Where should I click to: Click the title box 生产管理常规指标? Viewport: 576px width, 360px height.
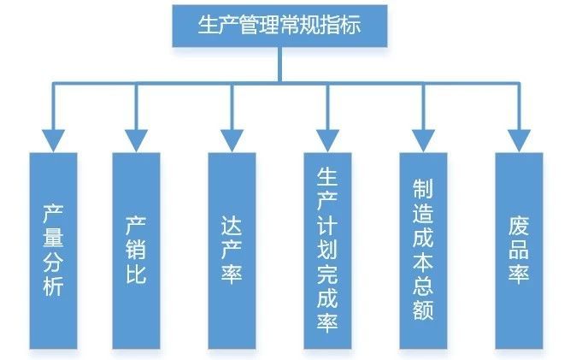pyautogui.click(x=279, y=25)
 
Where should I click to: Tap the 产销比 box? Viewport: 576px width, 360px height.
pyautogui.click(x=136, y=250)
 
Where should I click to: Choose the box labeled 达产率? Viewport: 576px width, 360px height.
pyautogui.click(x=232, y=250)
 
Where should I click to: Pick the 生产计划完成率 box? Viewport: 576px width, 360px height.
pyautogui.click(x=328, y=250)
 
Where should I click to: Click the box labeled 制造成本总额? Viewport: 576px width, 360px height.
pyautogui.click(x=422, y=250)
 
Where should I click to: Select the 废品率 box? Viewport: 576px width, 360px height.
pyautogui.click(x=518, y=250)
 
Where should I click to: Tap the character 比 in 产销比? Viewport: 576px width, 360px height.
pyautogui.click(x=136, y=275)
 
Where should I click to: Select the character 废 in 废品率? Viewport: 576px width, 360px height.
pyautogui.click(x=518, y=226)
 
